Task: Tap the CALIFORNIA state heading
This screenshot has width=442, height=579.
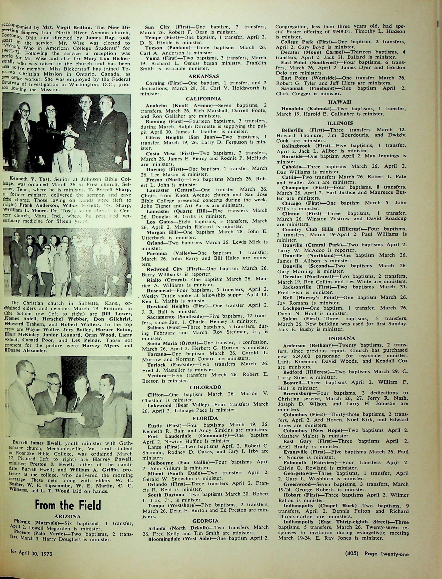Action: [204, 99]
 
